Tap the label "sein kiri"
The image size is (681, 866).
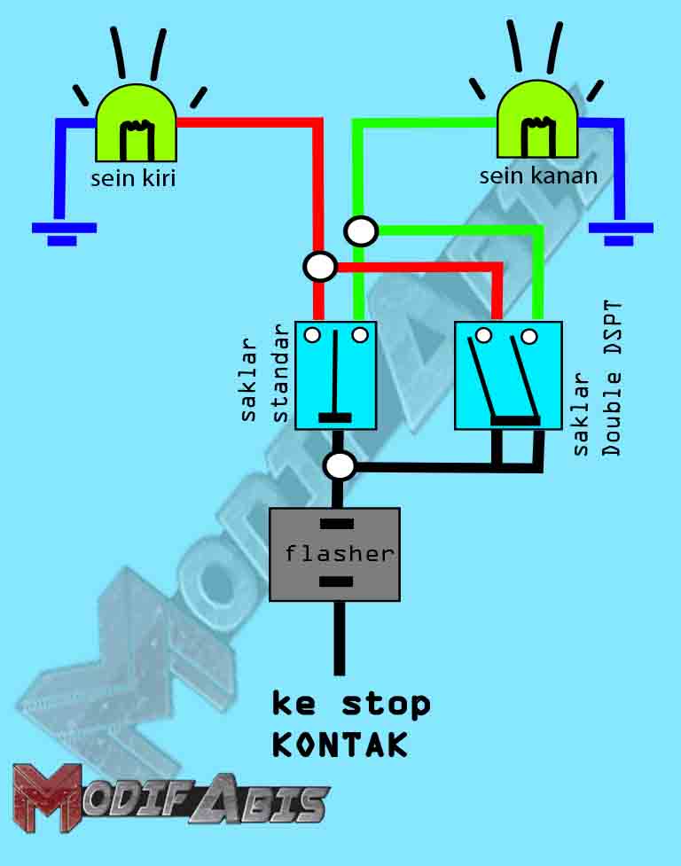[134, 178]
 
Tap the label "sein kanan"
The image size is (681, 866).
[538, 176]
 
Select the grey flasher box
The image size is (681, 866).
[334, 554]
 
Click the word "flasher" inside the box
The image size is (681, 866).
[339, 554]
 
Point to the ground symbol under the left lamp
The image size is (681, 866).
[62, 232]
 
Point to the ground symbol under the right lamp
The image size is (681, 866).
[619, 232]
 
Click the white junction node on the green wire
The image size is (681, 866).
[361, 231]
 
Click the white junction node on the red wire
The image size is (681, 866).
[319, 265]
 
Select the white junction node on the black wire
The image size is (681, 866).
[340, 465]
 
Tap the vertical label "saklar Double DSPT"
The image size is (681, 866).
[598, 379]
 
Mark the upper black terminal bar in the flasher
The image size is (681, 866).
[336, 524]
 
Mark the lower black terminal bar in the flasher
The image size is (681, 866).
[335, 581]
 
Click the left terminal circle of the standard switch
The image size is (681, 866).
[312, 335]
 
